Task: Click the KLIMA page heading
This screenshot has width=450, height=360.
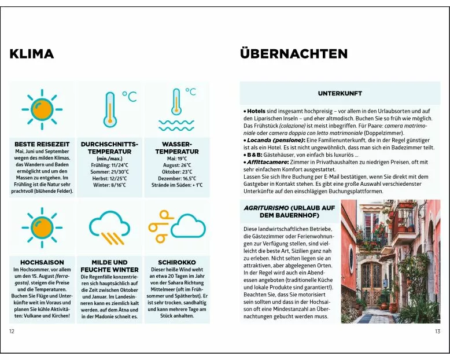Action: point(32,54)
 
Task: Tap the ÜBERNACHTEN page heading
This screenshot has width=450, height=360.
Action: point(293,54)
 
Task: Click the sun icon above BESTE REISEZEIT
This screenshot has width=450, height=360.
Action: point(42,108)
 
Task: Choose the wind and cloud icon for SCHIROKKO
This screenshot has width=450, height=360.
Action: point(176,226)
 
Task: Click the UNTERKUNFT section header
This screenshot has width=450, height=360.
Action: point(340,93)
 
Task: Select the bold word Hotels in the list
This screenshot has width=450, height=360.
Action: point(256,111)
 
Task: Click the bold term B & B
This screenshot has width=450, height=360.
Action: point(254,155)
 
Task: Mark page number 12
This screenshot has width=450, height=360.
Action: point(12,331)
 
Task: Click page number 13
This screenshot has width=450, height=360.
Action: point(437,331)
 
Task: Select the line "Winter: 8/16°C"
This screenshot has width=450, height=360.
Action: point(109,185)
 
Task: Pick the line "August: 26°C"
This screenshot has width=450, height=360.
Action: point(176,165)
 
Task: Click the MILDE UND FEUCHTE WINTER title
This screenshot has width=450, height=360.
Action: point(109,266)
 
